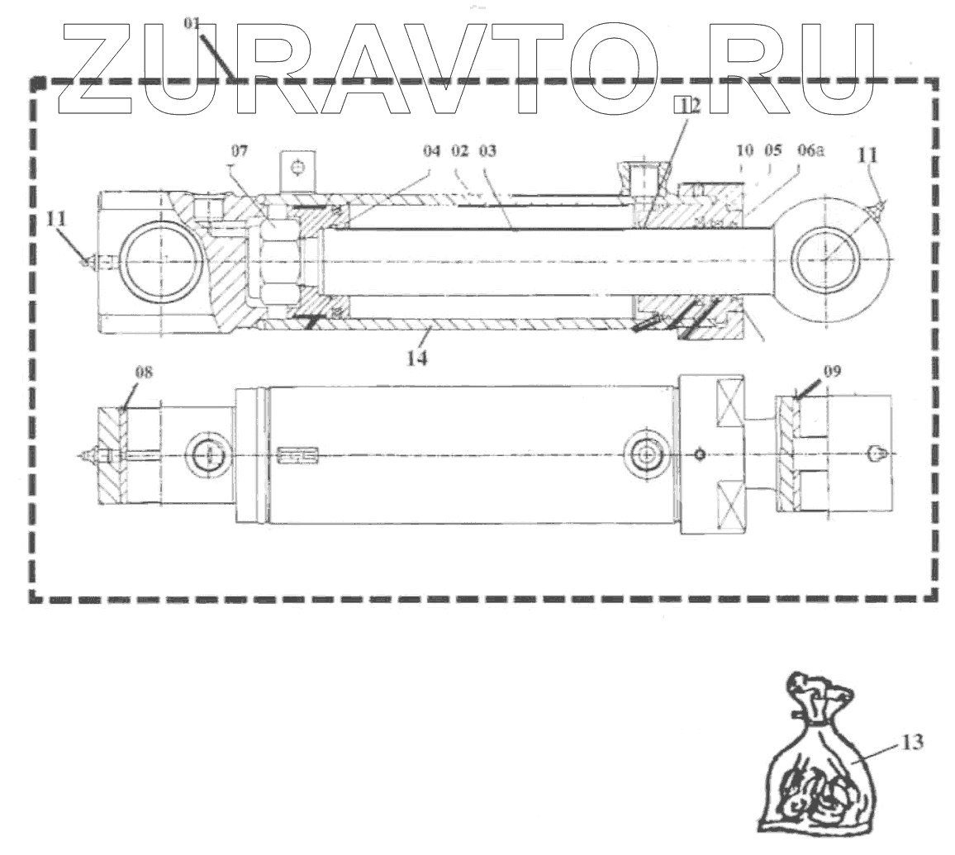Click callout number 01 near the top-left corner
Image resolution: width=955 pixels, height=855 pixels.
click(x=192, y=24)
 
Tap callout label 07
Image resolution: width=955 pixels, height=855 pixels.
click(x=239, y=152)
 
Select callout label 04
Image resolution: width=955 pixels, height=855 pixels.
click(x=431, y=153)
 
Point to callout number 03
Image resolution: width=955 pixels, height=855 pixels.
click(x=487, y=153)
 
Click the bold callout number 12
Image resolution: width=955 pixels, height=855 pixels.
click(x=687, y=105)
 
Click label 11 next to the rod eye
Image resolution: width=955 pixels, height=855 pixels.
click(x=870, y=154)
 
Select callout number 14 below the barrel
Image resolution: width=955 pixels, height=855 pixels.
click(x=418, y=359)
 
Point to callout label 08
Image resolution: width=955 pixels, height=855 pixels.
click(x=144, y=373)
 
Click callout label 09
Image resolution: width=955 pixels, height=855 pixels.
click(x=831, y=373)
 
